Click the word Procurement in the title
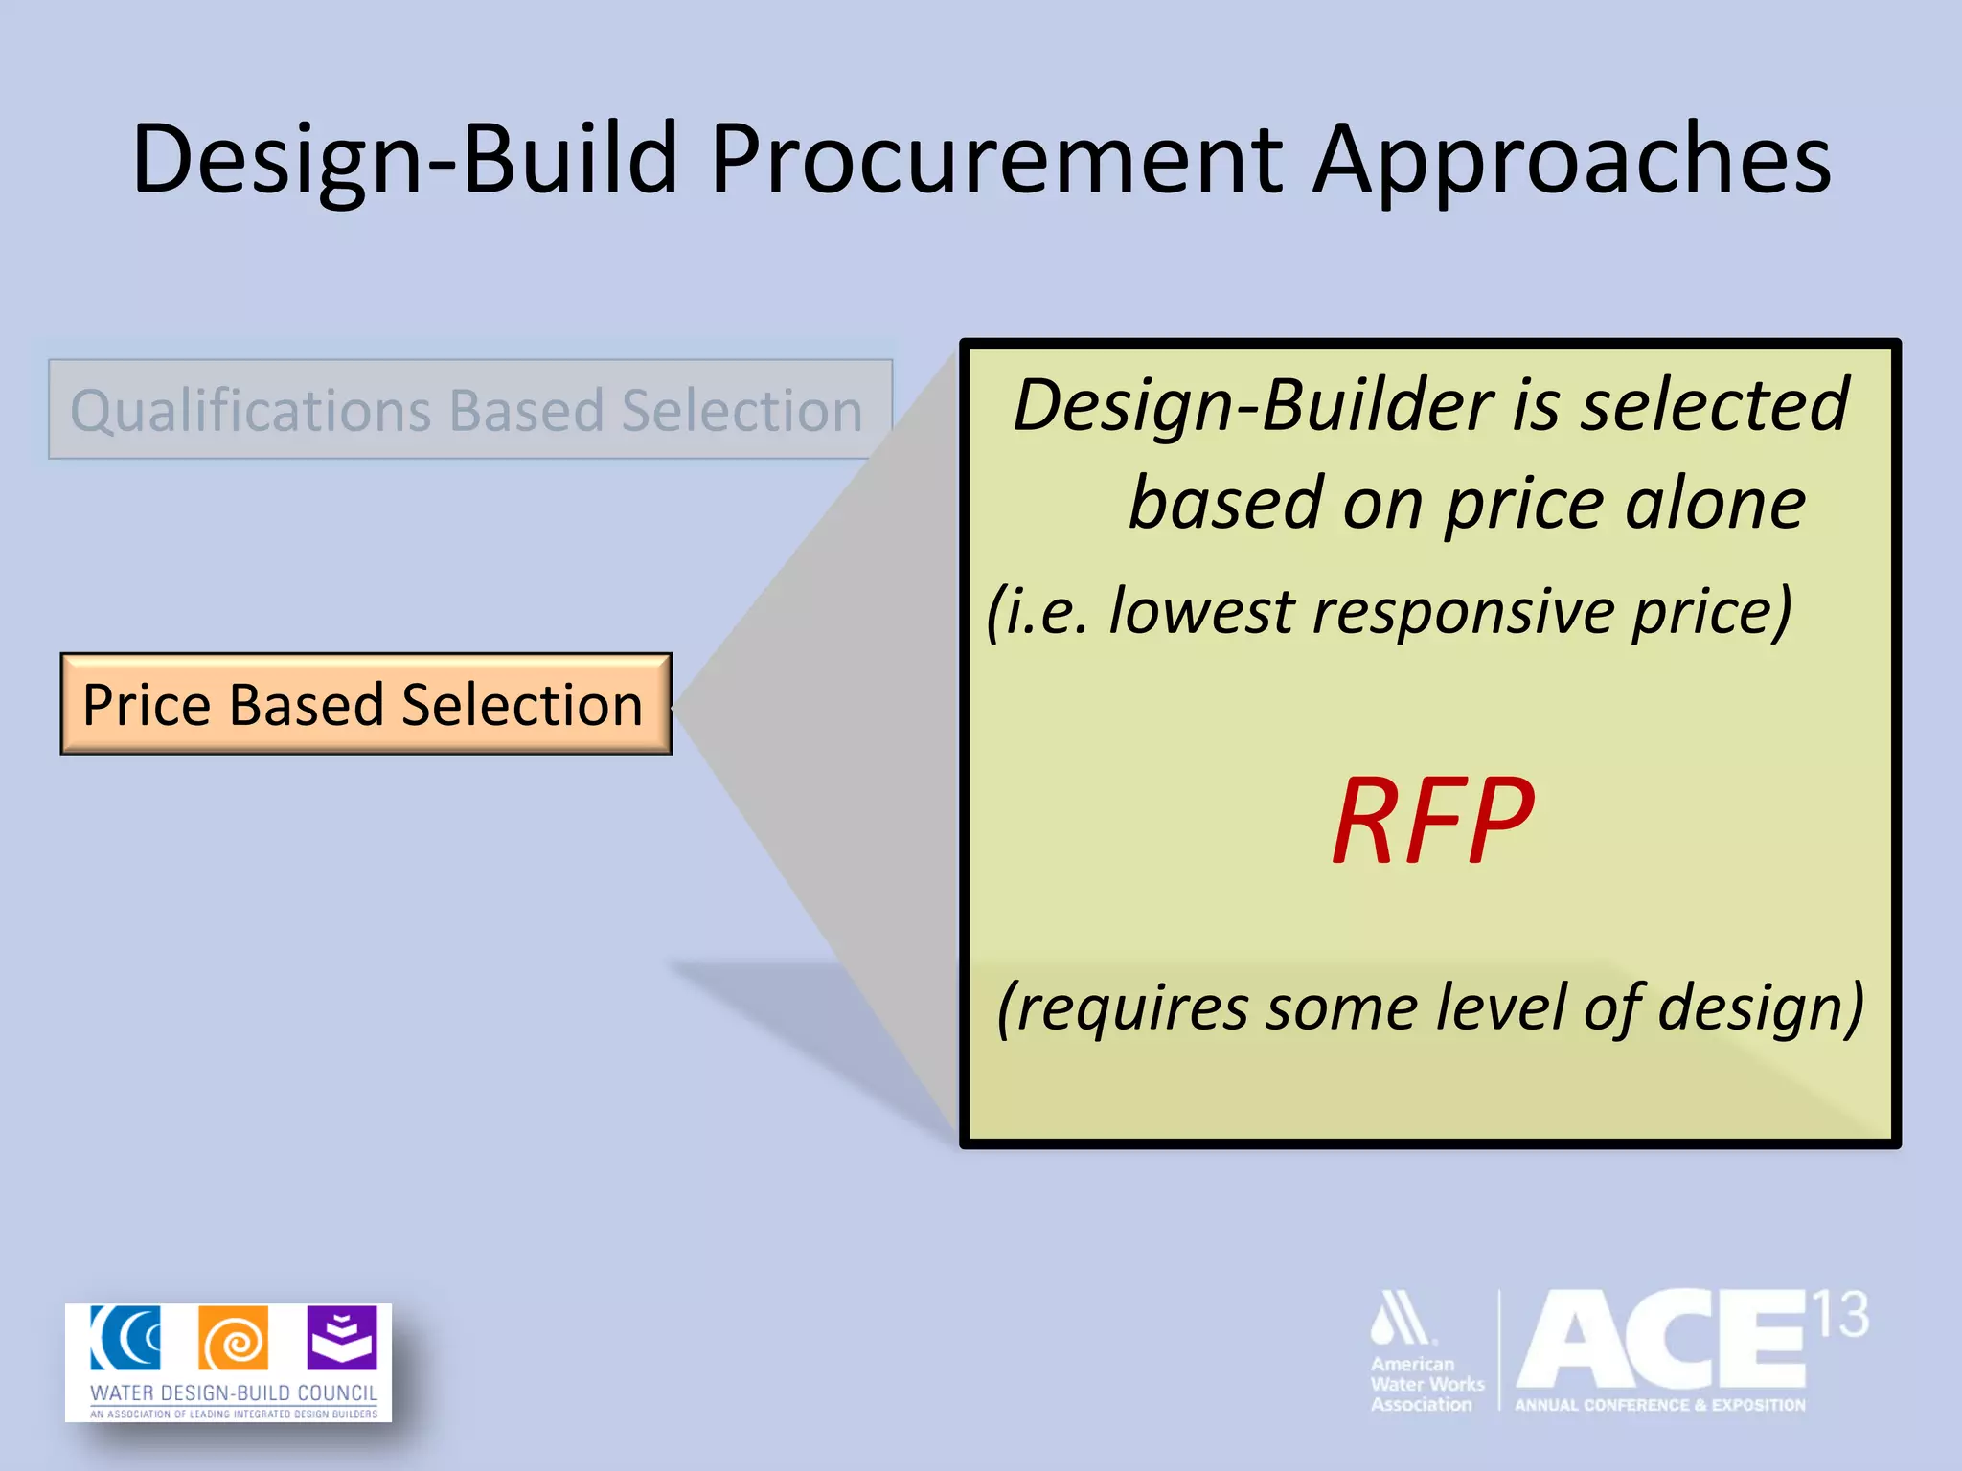tap(996, 160)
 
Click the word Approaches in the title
tap(1571, 160)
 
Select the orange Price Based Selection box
tap(366, 705)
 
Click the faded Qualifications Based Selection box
tap(469, 410)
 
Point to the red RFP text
tap(1433, 821)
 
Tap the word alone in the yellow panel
tap(1715, 505)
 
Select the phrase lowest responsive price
tap(1447, 611)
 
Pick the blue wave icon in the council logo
tap(125, 1338)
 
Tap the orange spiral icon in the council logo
tap(234, 1338)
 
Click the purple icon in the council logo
tap(342, 1338)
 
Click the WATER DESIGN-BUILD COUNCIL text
tap(234, 1392)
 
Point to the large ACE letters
tap(1662, 1341)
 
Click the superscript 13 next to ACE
tap(1840, 1315)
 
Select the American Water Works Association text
tap(1426, 1384)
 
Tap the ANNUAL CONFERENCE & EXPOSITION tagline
tap(1659, 1405)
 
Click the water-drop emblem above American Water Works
tap(1401, 1319)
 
